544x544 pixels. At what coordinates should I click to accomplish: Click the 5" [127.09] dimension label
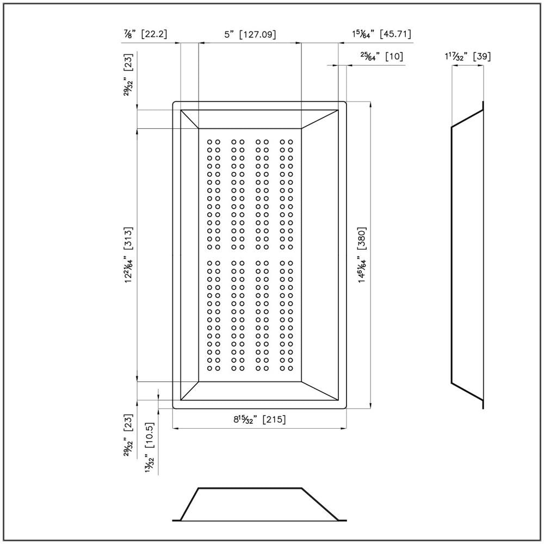250,34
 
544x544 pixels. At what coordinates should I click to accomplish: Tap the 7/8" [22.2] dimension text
145,34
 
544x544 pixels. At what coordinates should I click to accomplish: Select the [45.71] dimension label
395,34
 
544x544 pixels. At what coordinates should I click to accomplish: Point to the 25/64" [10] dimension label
382,56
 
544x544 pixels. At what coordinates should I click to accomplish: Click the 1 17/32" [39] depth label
468,56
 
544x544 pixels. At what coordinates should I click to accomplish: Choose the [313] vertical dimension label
128,238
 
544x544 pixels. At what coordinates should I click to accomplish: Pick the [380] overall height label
362,238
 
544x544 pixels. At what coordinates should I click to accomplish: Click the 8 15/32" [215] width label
259,419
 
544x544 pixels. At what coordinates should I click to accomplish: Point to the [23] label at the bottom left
128,422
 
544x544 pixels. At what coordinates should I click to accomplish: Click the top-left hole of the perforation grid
209,142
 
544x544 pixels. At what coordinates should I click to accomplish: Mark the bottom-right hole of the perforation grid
290,368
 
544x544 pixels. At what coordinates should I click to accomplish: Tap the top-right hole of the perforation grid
290,142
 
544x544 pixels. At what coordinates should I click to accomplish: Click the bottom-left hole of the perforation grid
209,368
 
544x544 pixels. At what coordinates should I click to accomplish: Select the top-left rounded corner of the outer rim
174,102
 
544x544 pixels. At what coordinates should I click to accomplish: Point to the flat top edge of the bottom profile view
250,489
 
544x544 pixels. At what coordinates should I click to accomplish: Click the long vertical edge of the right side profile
452,255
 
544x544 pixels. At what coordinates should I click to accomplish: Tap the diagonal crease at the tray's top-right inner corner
319,119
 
